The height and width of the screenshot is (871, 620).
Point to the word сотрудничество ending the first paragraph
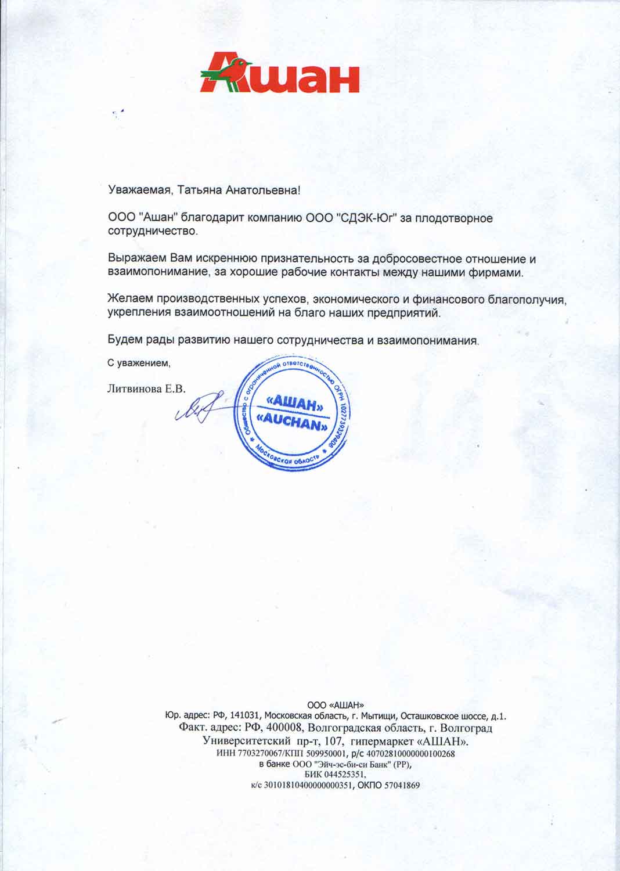point(152,231)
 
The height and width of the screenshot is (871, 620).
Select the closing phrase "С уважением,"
point(139,363)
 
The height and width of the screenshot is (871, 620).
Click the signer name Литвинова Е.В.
point(146,389)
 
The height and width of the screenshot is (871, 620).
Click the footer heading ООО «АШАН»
point(336,706)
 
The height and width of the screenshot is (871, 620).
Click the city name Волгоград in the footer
point(466,728)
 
